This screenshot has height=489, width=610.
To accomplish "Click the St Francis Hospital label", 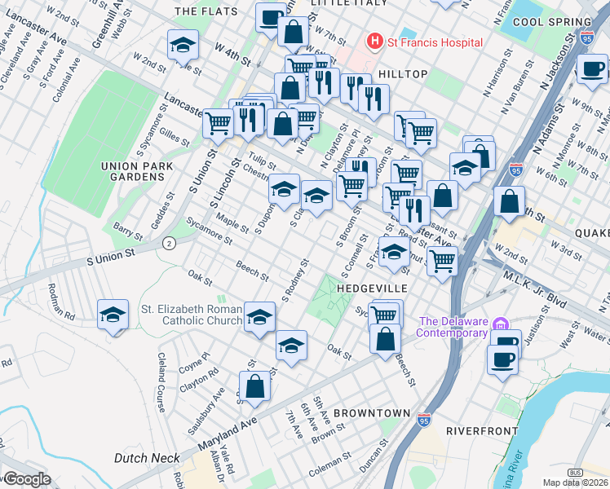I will click(x=435, y=42).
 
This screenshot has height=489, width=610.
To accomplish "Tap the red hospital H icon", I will click(x=375, y=41).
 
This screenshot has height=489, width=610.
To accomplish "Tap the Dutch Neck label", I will click(x=147, y=458).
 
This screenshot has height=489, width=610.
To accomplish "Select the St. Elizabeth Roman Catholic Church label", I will click(x=192, y=316).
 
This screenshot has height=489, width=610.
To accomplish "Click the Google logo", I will click(x=26, y=479).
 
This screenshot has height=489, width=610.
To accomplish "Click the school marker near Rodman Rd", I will click(x=113, y=315).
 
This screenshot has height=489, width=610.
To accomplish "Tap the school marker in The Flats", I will click(x=183, y=46).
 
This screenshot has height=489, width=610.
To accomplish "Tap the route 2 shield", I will click(x=169, y=243).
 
